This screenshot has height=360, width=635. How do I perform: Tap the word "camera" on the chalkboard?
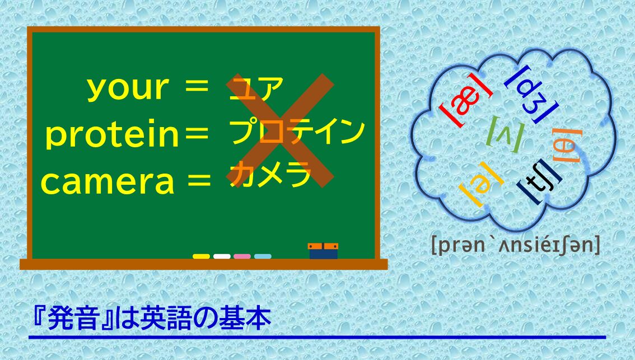click(x=108, y=182)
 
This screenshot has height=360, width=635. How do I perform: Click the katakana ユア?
click(x=256, y=88)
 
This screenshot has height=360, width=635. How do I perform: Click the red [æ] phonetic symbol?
click(x=466, y=101)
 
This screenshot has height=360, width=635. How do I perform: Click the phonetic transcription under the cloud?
click(x=516, y=245)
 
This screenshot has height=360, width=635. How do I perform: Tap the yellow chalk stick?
click(x=201, y=256)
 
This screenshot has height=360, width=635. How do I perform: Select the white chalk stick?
click(x=222, y=256)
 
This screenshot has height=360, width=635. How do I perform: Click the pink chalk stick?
click(x=242, y=256)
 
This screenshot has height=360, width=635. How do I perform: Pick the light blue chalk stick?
click(x=263, y=256)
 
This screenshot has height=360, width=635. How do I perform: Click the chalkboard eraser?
click(x=323, y=251)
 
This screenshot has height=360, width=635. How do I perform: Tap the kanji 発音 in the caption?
click(x=73, y=319)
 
